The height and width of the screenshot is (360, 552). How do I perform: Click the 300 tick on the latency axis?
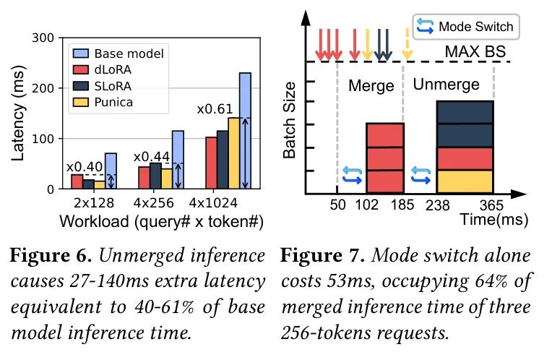point(43,38)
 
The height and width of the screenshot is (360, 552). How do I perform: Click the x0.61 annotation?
point(215,110)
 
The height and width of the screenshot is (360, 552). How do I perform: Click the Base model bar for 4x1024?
point(245,131)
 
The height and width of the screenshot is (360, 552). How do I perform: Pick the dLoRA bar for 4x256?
point(145,177)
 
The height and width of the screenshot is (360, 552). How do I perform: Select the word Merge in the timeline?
point(371,86)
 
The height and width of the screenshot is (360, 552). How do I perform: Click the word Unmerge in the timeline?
point(446,85)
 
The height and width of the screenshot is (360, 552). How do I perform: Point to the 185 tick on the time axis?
point(402,205)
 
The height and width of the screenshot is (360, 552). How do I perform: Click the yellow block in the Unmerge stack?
point(465,181)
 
